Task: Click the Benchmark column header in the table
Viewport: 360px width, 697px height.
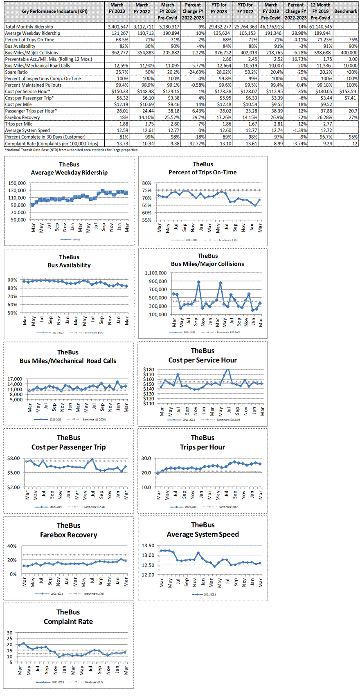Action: (x=346, y=11)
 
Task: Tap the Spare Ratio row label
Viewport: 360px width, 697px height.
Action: (x=16, y=72)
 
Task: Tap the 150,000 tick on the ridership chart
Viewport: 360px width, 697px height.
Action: (x=17, y=183)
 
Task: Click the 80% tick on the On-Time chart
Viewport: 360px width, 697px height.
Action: (x=147, y=183)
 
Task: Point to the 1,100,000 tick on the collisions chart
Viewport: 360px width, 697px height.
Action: (x=156, y=273)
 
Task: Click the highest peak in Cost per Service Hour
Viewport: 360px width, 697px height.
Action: (x=228, y=369)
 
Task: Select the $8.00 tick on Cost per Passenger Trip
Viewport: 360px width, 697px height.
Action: (x=13, y=458)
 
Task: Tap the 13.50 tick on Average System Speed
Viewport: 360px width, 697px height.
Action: (x=148, y=545)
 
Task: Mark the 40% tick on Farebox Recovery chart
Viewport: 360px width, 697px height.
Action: (x=12, y=546)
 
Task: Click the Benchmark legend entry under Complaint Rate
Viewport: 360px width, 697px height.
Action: (x=94, y=682)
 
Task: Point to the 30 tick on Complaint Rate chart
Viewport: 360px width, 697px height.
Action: (x=9, y=633)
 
